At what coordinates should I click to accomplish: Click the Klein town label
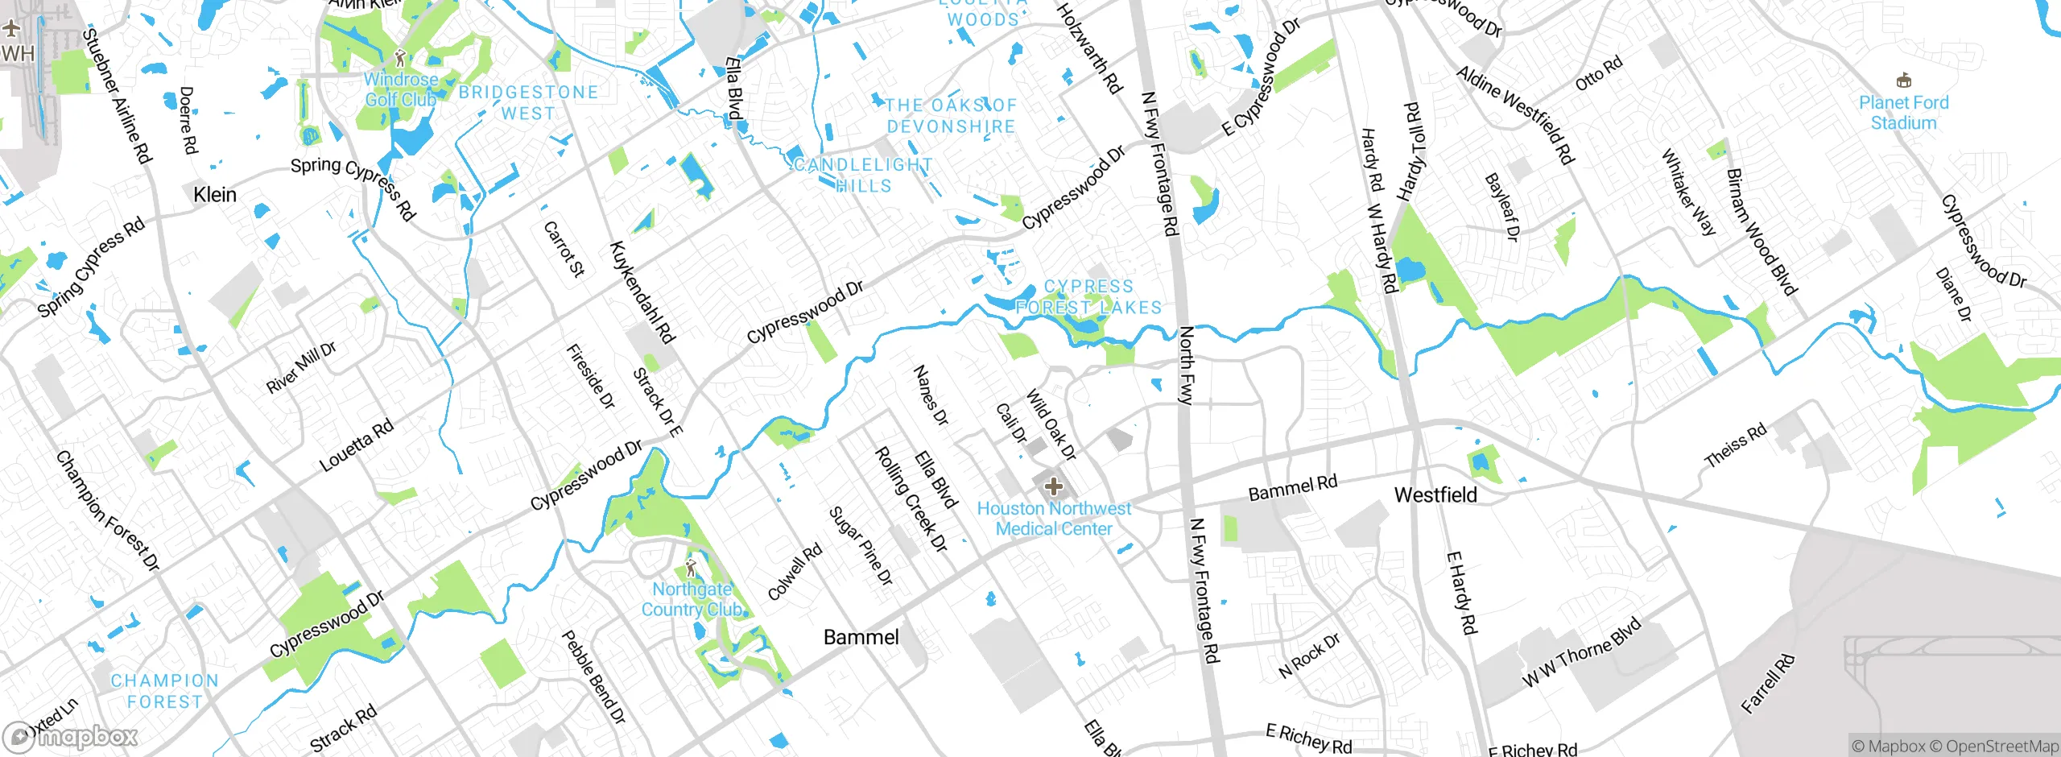click(x=215, y=195)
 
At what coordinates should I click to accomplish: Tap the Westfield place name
click(x=1435, y=495)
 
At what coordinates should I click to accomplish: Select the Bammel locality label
click(x=861, y=638)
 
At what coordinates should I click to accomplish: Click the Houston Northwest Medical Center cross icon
click(x=1053, y=486)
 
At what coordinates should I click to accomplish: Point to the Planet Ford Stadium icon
click(x=1903, y=81)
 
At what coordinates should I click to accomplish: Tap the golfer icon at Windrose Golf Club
click(x=400, y=58)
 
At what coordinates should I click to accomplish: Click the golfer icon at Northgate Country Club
click(x=691, y=568)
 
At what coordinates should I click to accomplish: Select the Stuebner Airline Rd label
click(x=118, y=96)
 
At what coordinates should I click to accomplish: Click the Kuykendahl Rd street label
click(x=642, y=292)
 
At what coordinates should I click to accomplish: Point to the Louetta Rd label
click(x=357, y=445)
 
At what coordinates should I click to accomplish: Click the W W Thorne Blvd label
click(x=1581, y=652)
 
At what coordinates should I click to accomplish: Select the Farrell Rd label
click(x=1768, y=685)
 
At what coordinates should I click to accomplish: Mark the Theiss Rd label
click(x=1736, y=445)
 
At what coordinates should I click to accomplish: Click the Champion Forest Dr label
click(x=107, y=511)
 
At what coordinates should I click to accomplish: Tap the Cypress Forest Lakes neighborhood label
click(x=1088, y=297)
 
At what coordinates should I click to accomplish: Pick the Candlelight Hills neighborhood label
click(x=863, y=176)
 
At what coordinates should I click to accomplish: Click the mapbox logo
click(x=71, y=736)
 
